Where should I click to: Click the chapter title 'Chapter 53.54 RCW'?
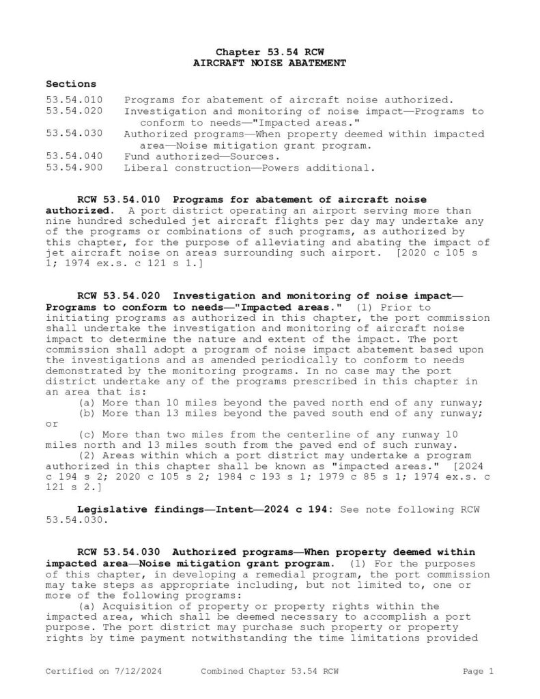pyautogui.click(x=270, y=52)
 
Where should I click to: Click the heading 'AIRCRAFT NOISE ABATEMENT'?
pyautogui.click(x=270, y=63)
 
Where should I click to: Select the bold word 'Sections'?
pyautogui.click(x=71, y=84)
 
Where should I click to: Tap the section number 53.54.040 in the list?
pyautogui.click(x=74, y=156)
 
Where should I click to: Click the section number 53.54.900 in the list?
pyautogui.click(x=74, y=167)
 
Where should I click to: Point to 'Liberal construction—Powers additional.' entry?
pyautogui.click(x=249, y=167)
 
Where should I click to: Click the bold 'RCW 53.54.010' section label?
pyautogui.click(x=119, y=200)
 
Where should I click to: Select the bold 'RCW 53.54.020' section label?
pyautogui.click(x=119, y=296)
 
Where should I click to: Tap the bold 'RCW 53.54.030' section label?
pyautogui.click(x=119, y=552)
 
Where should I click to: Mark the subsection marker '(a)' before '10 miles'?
pyautogui.click(x=89, y=402)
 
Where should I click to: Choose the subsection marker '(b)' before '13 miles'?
pyautogui.click(x=89, y=413)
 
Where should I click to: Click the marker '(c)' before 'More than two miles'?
pyautogui.click(x=89, y=435)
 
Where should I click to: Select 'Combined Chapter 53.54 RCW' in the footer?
pyautogui.click(x=270, y=672)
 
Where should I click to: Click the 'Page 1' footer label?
pyautogui.click(x=478, y=672)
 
